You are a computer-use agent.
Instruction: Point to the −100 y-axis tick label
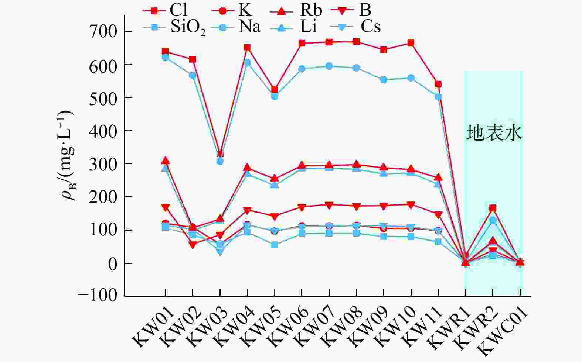98,296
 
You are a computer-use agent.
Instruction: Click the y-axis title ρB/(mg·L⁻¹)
68,155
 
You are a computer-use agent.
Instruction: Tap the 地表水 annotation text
494,133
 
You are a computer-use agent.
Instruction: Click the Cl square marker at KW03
220,154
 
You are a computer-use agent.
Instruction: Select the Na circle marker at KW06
302,69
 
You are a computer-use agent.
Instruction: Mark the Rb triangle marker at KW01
165,161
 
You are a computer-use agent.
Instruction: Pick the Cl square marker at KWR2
493,208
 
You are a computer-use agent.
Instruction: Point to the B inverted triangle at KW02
193,244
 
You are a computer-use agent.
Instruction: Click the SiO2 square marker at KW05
275,245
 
